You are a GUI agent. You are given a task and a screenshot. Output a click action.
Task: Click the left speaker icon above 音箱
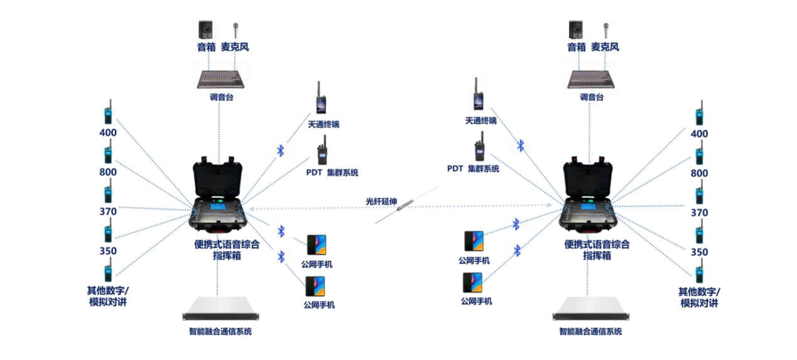(x=205, y=30)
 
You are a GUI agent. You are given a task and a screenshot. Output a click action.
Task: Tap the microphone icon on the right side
(x=605, y=30)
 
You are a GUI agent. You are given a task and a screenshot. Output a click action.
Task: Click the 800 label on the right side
(x=699, y=173)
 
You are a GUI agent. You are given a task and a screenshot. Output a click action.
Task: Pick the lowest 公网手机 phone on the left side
(x=315, y=286)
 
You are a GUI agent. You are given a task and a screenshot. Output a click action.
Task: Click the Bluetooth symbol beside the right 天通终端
(x=520, y=146)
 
